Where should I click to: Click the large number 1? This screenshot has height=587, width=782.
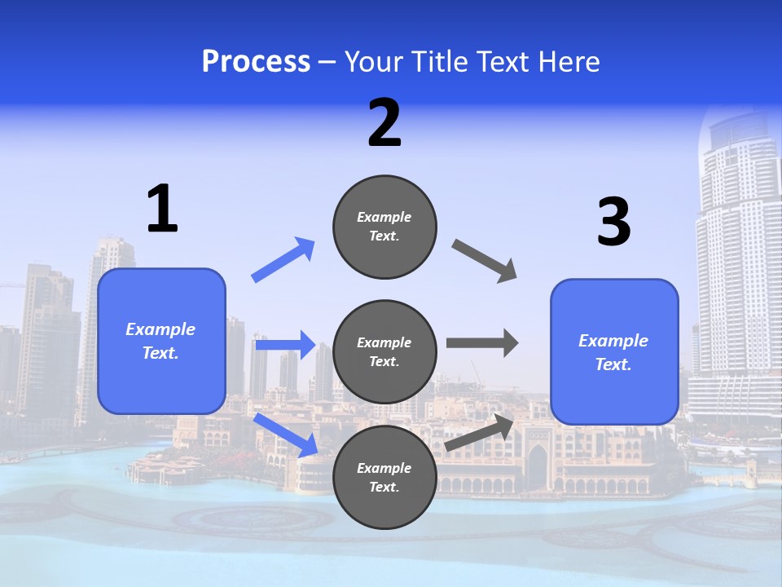point(162,210)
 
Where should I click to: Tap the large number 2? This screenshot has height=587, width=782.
point(384,123)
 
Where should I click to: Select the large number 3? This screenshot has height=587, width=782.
point(613,223)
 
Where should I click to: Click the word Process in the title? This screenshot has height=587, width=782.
point(256,61)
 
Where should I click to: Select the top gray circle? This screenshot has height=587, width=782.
point(384,227)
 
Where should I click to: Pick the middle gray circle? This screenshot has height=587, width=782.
point(384,351)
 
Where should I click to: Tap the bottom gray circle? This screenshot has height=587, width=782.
point(384,477)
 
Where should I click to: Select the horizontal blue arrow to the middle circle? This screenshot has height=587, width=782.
point(285,345)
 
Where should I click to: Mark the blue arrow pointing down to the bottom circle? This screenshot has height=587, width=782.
point(286,435)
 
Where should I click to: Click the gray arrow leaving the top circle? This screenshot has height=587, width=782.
point(485,261)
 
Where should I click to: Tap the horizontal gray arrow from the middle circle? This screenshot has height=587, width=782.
point(482,343)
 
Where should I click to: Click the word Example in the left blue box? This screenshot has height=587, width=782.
point(160,329)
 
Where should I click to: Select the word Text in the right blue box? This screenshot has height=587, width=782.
point(612,364)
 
